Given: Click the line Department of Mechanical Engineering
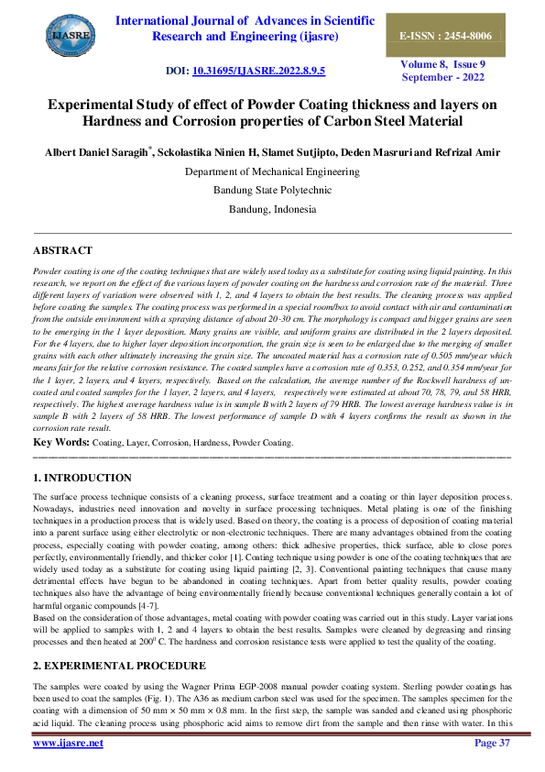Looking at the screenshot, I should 272,171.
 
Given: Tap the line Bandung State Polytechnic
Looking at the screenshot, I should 272,190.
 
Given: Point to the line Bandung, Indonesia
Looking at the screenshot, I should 272,208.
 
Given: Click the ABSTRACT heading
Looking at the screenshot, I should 62,250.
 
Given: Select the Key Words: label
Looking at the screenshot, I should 60,442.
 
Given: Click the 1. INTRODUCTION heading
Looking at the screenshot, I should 82,478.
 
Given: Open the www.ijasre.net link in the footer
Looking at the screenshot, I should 68,743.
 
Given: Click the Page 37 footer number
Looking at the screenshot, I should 492,743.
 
